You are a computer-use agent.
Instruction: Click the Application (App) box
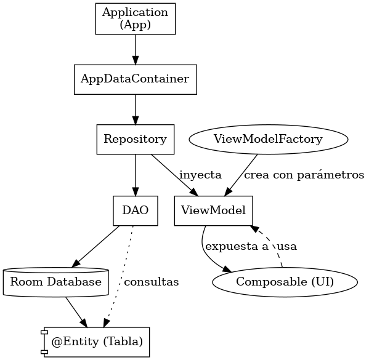[136, 19]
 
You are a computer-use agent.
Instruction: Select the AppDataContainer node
[136, 79]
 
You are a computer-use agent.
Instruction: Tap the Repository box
[136, 140]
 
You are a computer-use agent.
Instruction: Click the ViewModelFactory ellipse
[269, 140]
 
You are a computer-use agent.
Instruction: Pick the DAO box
[136, 210]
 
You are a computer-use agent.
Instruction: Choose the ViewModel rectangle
[213, 210]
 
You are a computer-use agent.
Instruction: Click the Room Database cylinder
[56, 282]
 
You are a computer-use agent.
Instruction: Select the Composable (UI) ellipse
[285, 282]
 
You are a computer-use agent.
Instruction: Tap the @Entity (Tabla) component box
[95, 342]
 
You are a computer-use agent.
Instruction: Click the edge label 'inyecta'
[200, 175]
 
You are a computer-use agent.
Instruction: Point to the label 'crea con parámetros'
[304, 175]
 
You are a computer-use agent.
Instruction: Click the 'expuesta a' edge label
[237, 246]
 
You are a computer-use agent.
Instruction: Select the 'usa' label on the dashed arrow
[287, 247]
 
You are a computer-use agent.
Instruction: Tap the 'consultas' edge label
[152, 282]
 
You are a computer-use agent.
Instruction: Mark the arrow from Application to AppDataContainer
[136, 50]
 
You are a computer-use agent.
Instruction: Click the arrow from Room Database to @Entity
[76, 312]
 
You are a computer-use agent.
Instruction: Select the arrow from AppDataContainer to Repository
[136, 110]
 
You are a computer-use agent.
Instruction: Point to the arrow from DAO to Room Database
[95, 247]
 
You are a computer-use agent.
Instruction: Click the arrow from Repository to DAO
[136, 175]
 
